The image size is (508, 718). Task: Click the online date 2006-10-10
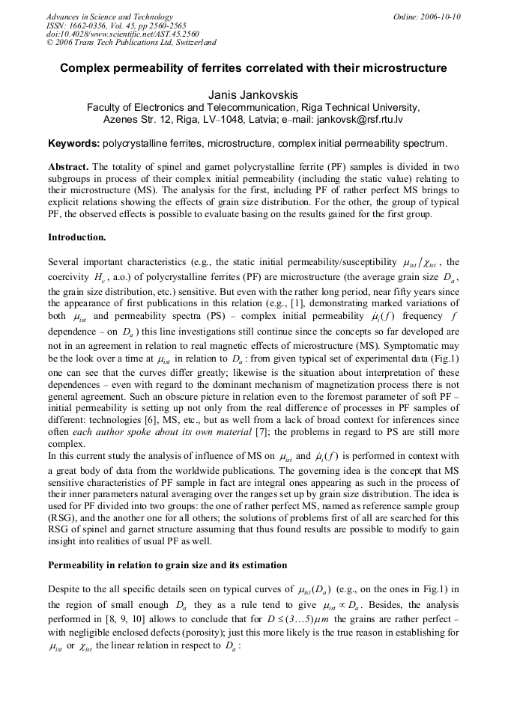437,16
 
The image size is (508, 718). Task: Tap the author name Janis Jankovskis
253,94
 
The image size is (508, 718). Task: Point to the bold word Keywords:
73,143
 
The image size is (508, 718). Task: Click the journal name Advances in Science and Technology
109,16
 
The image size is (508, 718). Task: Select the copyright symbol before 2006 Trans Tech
50,43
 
